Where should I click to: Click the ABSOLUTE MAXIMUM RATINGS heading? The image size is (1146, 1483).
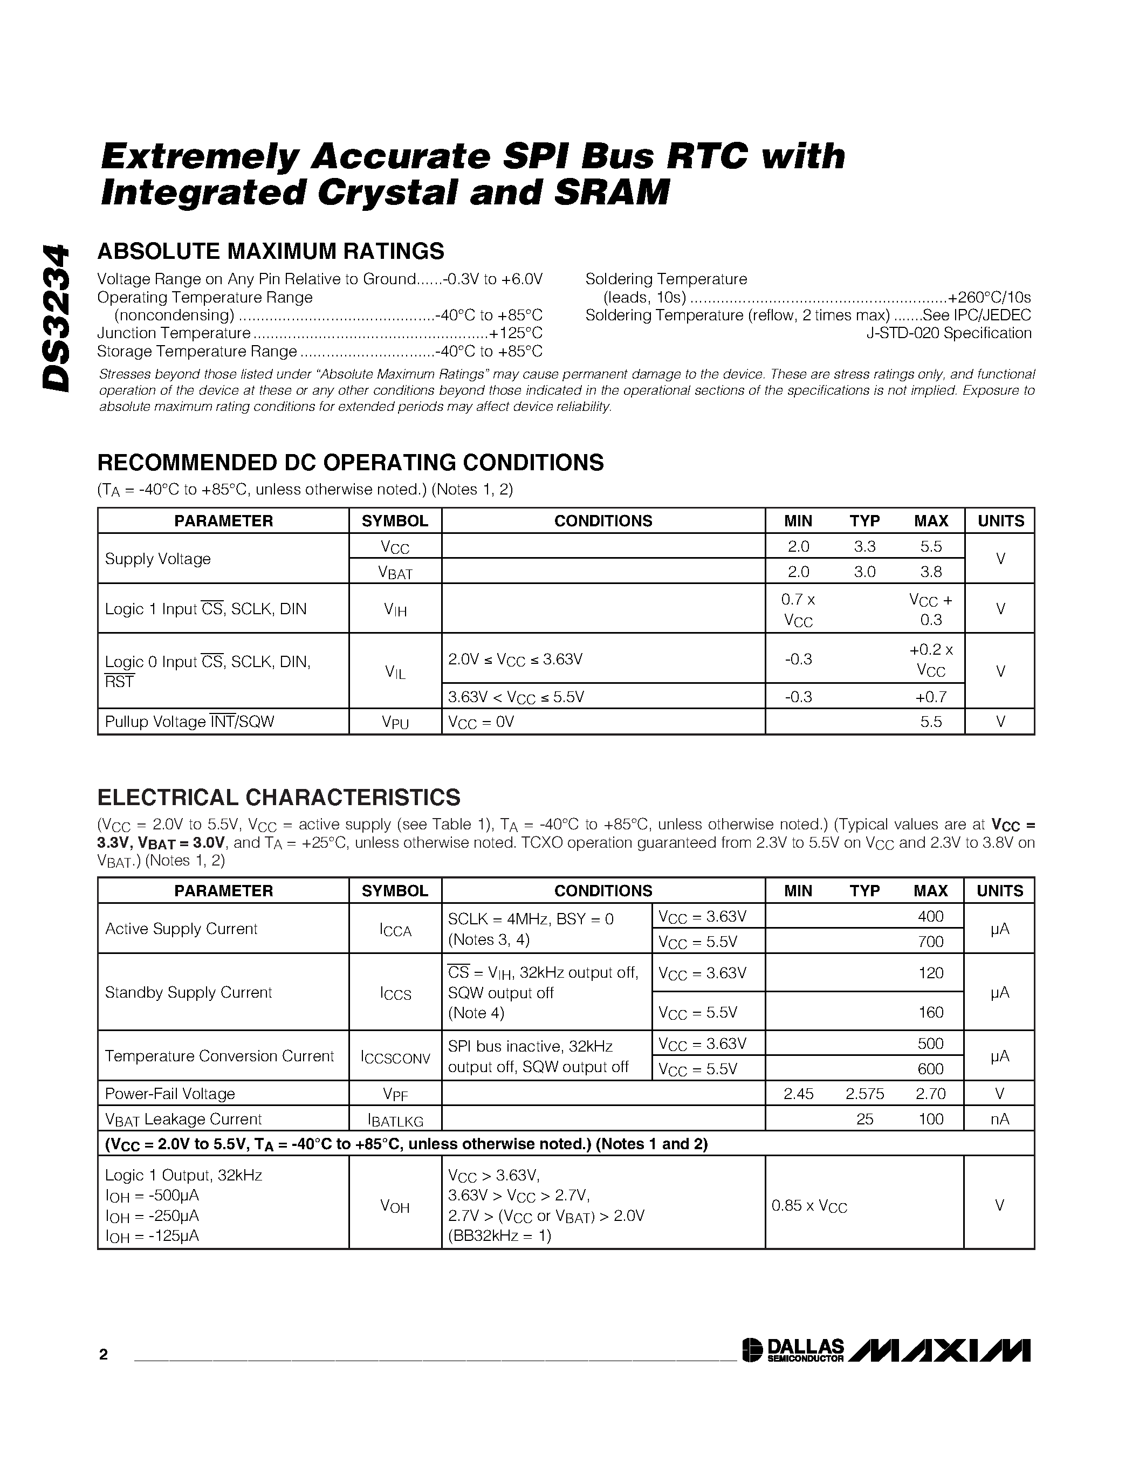click(x=270, y=251)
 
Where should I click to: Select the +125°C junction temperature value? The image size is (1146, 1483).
click(x=516, y=333)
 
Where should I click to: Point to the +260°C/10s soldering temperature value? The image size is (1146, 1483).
click(x=989, y=298)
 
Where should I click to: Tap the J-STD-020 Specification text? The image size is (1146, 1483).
click(x=949, y=333)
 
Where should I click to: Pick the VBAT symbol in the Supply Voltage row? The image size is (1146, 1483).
click(x=395, y=572)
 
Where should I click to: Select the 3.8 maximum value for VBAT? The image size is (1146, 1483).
click(x=931, y=572)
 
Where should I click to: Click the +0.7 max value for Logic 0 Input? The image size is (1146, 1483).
click(x=930, y=697)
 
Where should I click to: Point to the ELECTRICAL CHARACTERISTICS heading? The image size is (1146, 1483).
click(x=278, y=797)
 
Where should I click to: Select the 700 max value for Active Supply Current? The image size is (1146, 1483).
click(x=930, y=942)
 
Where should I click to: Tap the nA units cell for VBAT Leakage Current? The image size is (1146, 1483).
click(x=999, y=1119)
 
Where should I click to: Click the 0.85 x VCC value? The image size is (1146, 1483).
click(x=809, y=1207)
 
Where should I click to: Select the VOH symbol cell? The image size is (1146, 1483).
click(x=395, y=1207)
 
